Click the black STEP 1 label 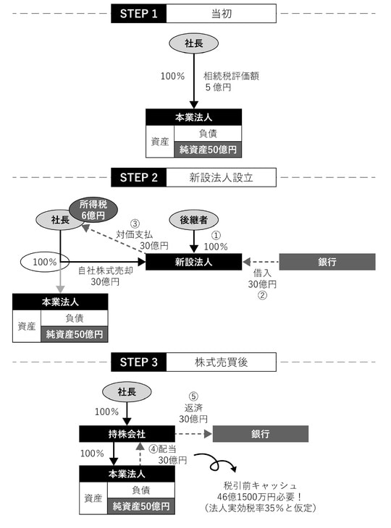(139, 14)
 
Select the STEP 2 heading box (139, 177)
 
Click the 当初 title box (221, 14)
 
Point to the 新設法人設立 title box (221, 177)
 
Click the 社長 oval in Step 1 (193, 43)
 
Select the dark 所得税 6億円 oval (92, 208)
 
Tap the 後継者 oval (193, 218)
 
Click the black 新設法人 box (193, 262)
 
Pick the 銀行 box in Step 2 (327, 262)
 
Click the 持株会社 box (127, 434)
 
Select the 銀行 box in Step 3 (261, 434)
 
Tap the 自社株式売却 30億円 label (105, 276)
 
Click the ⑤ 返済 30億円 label (193, 408)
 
